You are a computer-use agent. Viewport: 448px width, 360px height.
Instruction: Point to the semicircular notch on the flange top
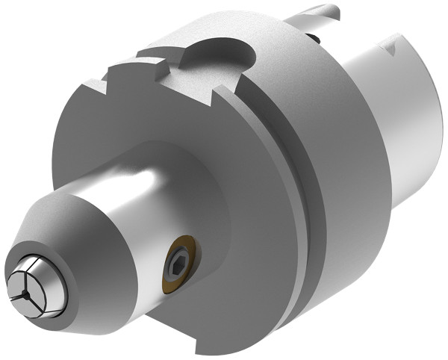(217, 51)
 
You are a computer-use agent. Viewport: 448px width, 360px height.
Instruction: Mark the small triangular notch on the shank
(391, 48)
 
